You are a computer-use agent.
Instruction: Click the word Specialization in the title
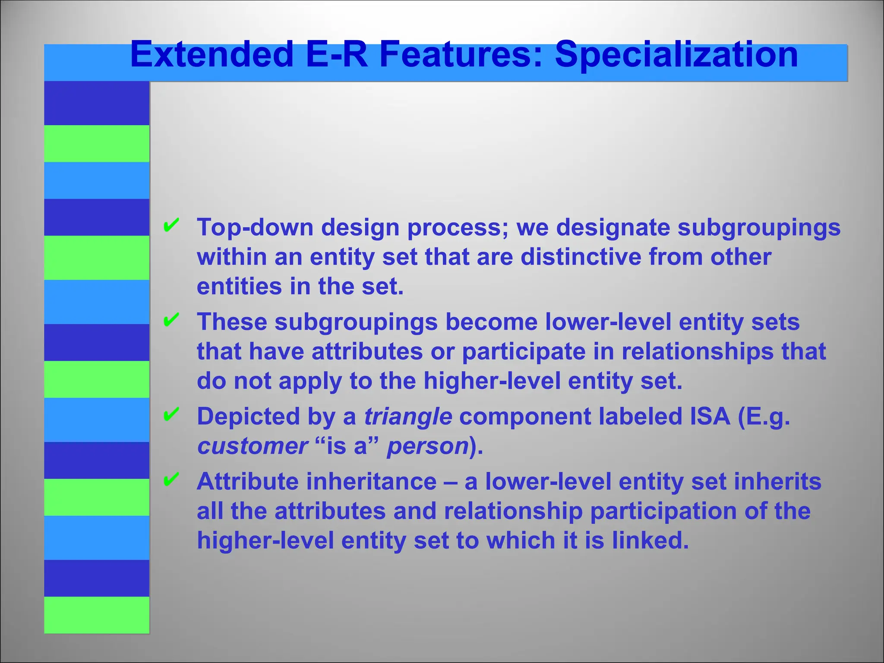[676, 55]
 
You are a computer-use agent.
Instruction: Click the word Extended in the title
[212, 55]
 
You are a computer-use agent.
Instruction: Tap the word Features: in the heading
[461, 55]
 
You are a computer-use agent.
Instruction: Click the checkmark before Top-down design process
[171, 225]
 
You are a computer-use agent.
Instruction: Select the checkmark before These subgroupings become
[171, 320]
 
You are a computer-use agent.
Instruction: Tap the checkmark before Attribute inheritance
[171, 479]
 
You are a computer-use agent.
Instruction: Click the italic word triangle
[408, 417]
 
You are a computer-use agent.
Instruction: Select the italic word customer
[253, 446]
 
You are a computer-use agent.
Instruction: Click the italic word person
[428, 446]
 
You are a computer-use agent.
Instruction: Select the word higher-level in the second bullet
[492, 381]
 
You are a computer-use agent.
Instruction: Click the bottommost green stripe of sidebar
[97, 615]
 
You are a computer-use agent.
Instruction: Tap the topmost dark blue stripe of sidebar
[97, 103]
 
